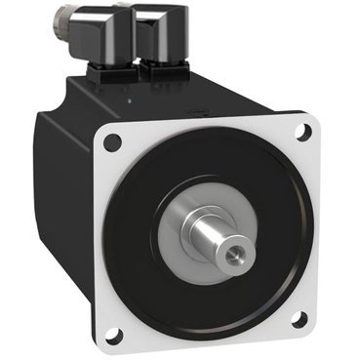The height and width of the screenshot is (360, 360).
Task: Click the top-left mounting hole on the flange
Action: pyautogui.click(x=115, y=142)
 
